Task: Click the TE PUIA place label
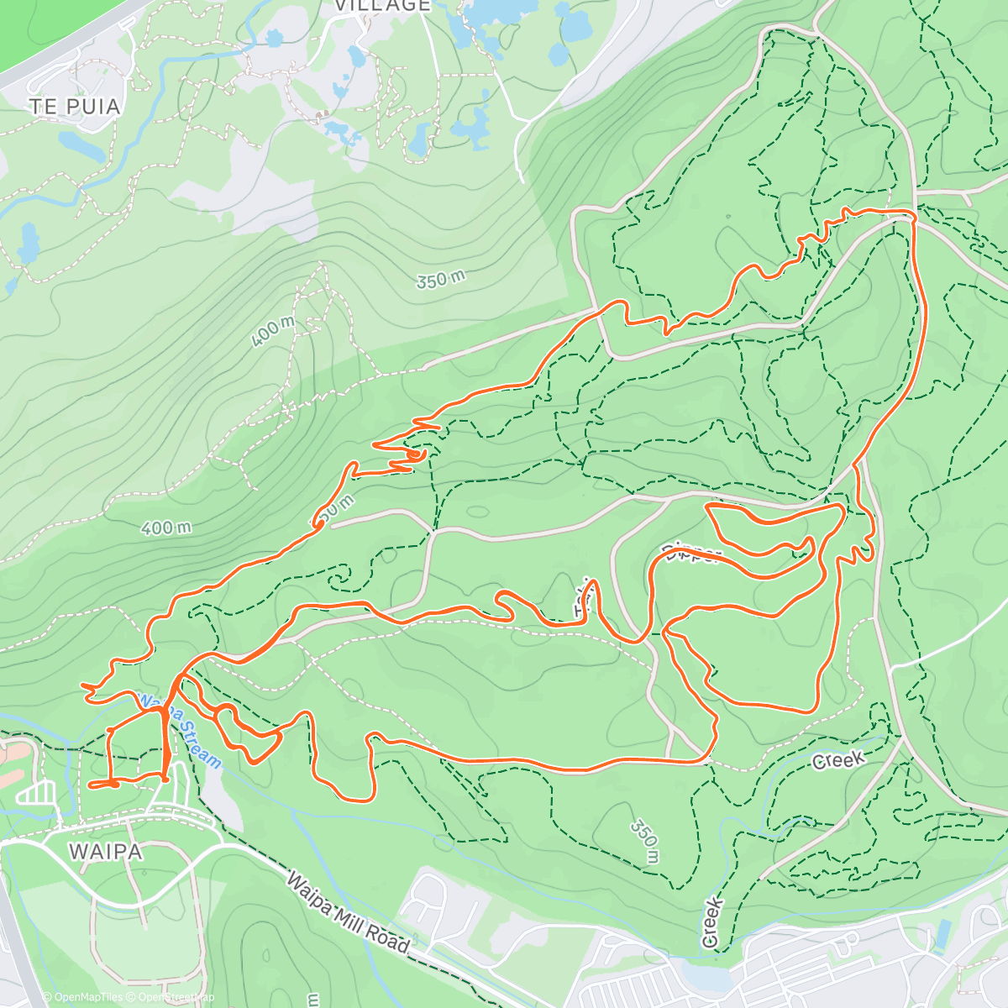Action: click(75, 107)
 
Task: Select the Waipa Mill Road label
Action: click(348, 913)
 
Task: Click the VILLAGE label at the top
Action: click(382, 6)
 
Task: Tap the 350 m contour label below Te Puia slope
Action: click(440, 280)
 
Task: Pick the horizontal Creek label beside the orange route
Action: click(838, 760)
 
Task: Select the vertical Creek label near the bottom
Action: click(712, 923)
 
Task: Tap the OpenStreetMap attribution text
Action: click(173, 997)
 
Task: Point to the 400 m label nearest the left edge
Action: click(166, 528)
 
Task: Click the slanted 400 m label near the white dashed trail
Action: click(273, 333)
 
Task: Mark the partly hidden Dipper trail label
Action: click(691, 554)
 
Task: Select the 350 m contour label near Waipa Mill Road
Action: click(645, 841)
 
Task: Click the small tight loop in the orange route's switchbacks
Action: click(416, 454)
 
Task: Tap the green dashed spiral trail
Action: click(340, 579)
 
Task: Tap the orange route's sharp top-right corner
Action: click(912, 213)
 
